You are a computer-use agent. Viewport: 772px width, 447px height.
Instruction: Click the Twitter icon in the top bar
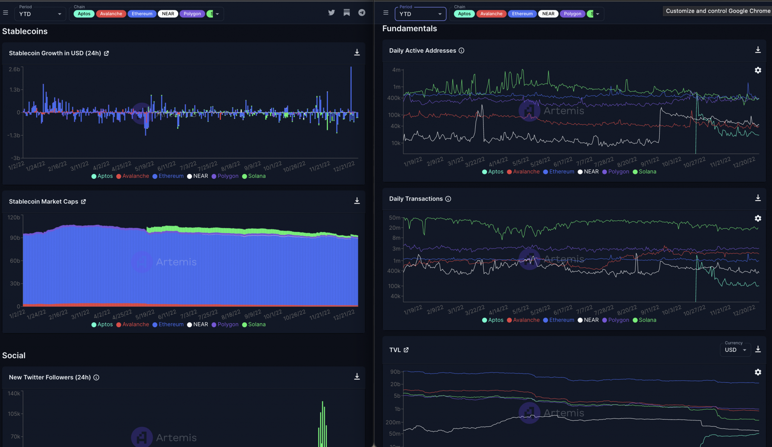(331, 12)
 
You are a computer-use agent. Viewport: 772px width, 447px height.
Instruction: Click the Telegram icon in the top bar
(361, 12)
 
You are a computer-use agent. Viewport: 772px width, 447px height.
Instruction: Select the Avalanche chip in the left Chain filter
(111, 14)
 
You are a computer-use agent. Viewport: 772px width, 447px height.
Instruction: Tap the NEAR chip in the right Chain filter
(548, 14)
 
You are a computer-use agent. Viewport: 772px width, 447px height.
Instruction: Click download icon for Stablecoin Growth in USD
(357, 52)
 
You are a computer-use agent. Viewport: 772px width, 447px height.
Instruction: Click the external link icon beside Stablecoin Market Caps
(83, 201)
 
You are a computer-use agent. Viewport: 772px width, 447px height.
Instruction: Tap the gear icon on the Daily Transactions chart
(758, 218)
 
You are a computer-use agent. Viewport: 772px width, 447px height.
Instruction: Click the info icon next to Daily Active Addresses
(461, 50)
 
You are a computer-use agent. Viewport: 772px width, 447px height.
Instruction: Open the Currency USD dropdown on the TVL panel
(735, 350)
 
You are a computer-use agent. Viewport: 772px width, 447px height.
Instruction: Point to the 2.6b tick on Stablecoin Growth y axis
(14, 69)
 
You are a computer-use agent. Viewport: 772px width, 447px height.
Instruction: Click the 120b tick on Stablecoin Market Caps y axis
(14, 217)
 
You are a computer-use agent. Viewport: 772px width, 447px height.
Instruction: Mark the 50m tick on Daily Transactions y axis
(394, 218)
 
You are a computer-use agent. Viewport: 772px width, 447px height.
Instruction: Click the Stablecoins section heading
(25, 31)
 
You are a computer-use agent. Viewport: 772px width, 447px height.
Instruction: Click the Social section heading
(14, 355)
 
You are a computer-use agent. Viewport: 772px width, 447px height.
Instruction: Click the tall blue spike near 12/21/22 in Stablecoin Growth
(351, 90)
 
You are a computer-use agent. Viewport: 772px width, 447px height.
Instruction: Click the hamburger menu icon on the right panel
(386, 12)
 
